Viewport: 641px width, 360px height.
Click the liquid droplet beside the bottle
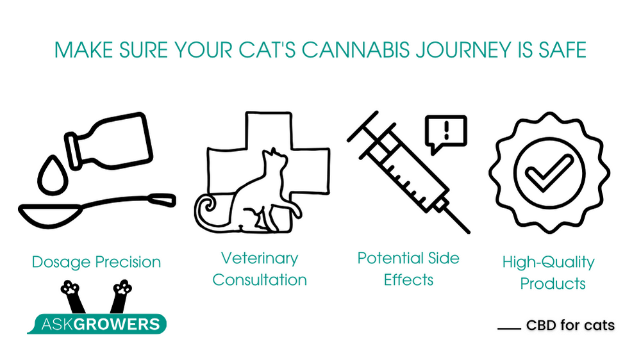[53, 175]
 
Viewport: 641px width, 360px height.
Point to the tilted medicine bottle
[110, 140]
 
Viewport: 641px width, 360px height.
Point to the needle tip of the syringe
[469, 232]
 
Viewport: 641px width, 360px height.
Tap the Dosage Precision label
[97, 262]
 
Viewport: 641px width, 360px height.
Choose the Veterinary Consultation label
[260, 269]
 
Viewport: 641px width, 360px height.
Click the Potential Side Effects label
[408, 269]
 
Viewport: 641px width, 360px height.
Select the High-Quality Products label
[549, 272]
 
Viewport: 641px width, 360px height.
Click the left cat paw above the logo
[71, 287]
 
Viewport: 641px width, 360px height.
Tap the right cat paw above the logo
[122, 287]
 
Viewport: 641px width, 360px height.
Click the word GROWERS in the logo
[117, 324]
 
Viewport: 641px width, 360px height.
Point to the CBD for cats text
[570, 325]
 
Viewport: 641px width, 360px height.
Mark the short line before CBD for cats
[509, 328]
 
